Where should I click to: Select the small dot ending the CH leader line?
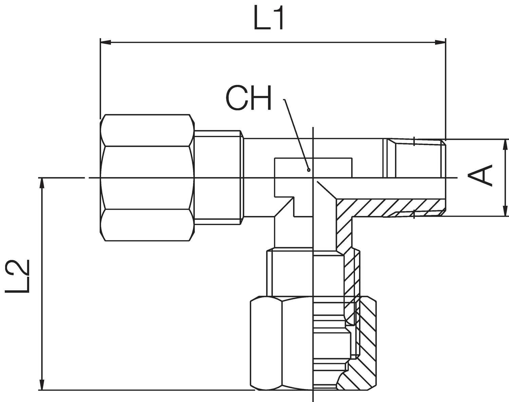pos(308,169)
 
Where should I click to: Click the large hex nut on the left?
pos(148,178)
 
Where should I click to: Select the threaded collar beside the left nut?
pos(219,177)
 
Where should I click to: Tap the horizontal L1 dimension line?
pos(271,42)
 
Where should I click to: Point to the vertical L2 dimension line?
pos(42,282)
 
